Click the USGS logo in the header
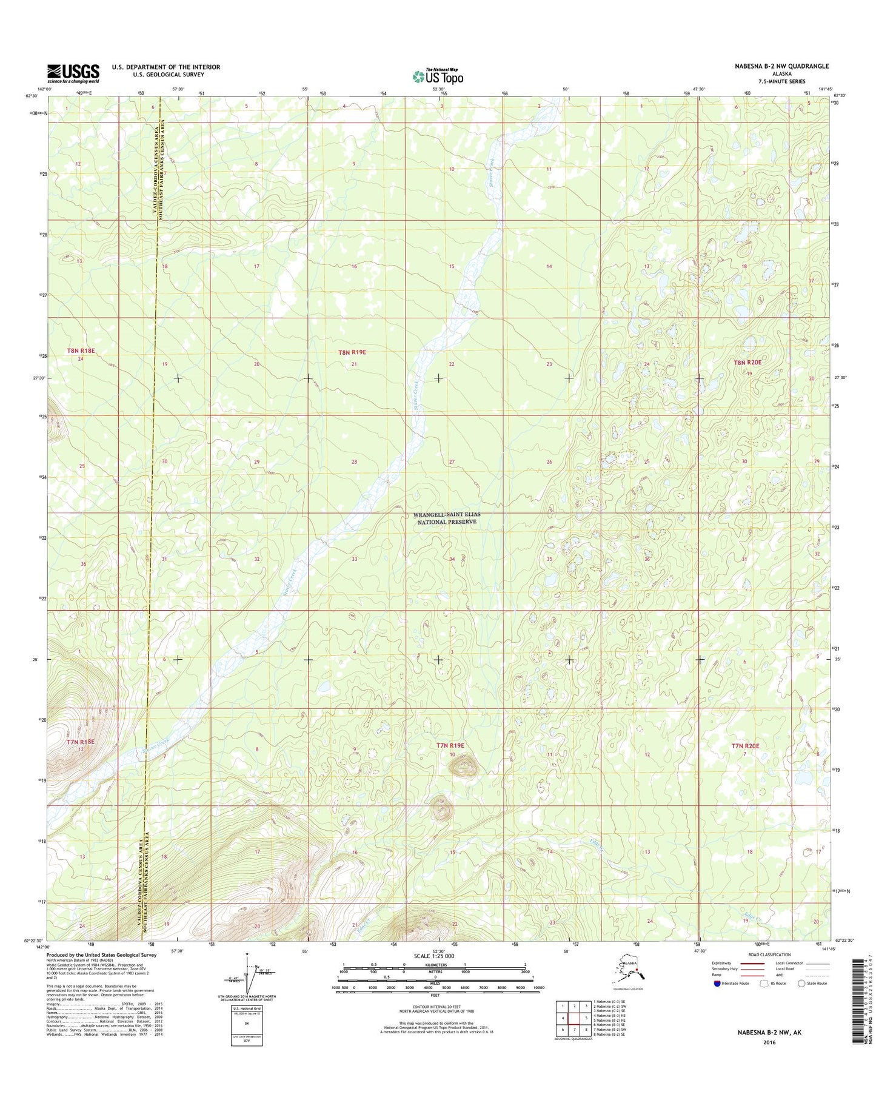(x=73, y=73)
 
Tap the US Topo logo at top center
(x=438, y=76)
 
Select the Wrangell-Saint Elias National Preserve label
(x=447, y=518)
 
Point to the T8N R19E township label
(x=352, y=352)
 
